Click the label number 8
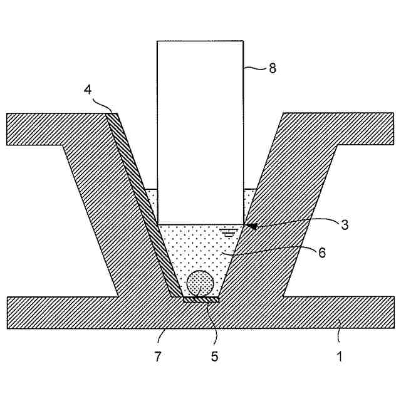272,68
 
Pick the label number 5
216,357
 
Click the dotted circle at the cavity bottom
200,284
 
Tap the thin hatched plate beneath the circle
200,300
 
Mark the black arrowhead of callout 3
251,225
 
